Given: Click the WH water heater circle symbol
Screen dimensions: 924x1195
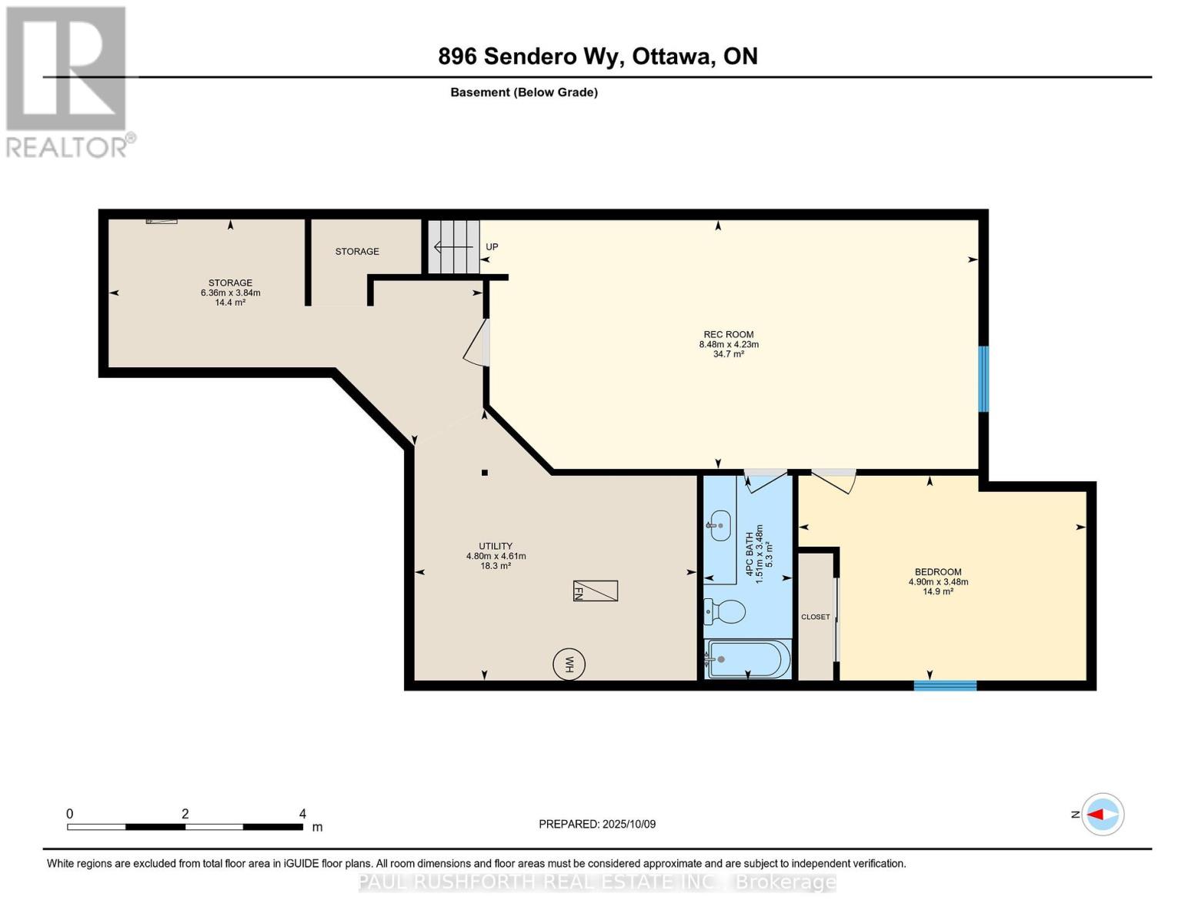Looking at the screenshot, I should [569, 663].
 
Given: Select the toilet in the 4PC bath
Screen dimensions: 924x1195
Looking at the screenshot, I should [726, 612].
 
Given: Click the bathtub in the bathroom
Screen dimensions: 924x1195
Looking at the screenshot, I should [747, 659].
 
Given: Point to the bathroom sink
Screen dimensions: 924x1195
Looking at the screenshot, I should [719, 525].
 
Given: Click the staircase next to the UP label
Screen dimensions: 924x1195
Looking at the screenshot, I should [453, 246].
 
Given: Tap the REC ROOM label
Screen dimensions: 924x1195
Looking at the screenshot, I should [728, 334].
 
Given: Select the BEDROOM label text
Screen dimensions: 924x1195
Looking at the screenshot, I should [938, 571].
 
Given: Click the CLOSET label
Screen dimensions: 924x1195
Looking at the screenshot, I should [816, 617].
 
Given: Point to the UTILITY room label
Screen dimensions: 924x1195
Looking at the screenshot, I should [496, 546].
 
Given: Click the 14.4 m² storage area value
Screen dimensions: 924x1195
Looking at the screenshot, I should [230, 303].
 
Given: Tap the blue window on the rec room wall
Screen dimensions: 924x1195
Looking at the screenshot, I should [983, 379].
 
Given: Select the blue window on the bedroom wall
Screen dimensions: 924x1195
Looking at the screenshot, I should [945, 685].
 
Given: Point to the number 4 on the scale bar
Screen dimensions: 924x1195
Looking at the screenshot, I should [302, 814].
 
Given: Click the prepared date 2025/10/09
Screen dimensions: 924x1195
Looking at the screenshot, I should [629, 824].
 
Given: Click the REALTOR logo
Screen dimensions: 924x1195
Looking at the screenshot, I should [67, 81].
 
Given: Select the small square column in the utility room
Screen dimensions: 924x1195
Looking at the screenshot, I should [485, 473].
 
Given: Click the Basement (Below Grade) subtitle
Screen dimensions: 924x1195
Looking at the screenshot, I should [524, 92].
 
